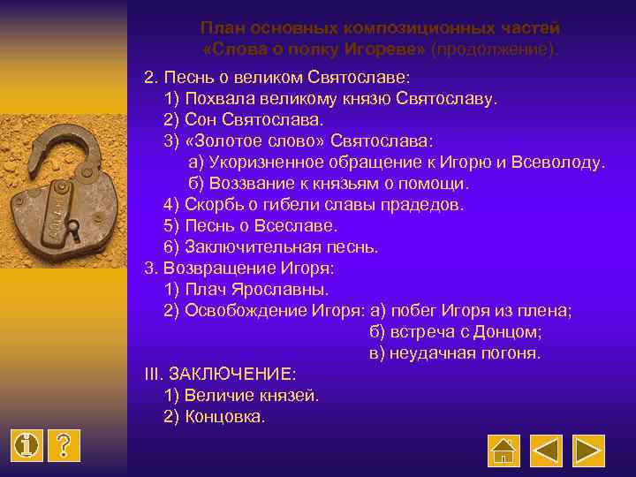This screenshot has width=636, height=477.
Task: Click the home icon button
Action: [503, 450]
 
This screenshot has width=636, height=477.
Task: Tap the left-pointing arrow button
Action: [547, 450]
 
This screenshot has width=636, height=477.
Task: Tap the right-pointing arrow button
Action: [589, 450]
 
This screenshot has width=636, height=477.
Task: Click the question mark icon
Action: [64, 446]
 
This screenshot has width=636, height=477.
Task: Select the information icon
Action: [28, 446]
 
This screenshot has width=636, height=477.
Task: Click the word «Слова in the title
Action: [232, 47]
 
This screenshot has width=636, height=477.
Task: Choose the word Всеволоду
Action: [563, 162]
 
